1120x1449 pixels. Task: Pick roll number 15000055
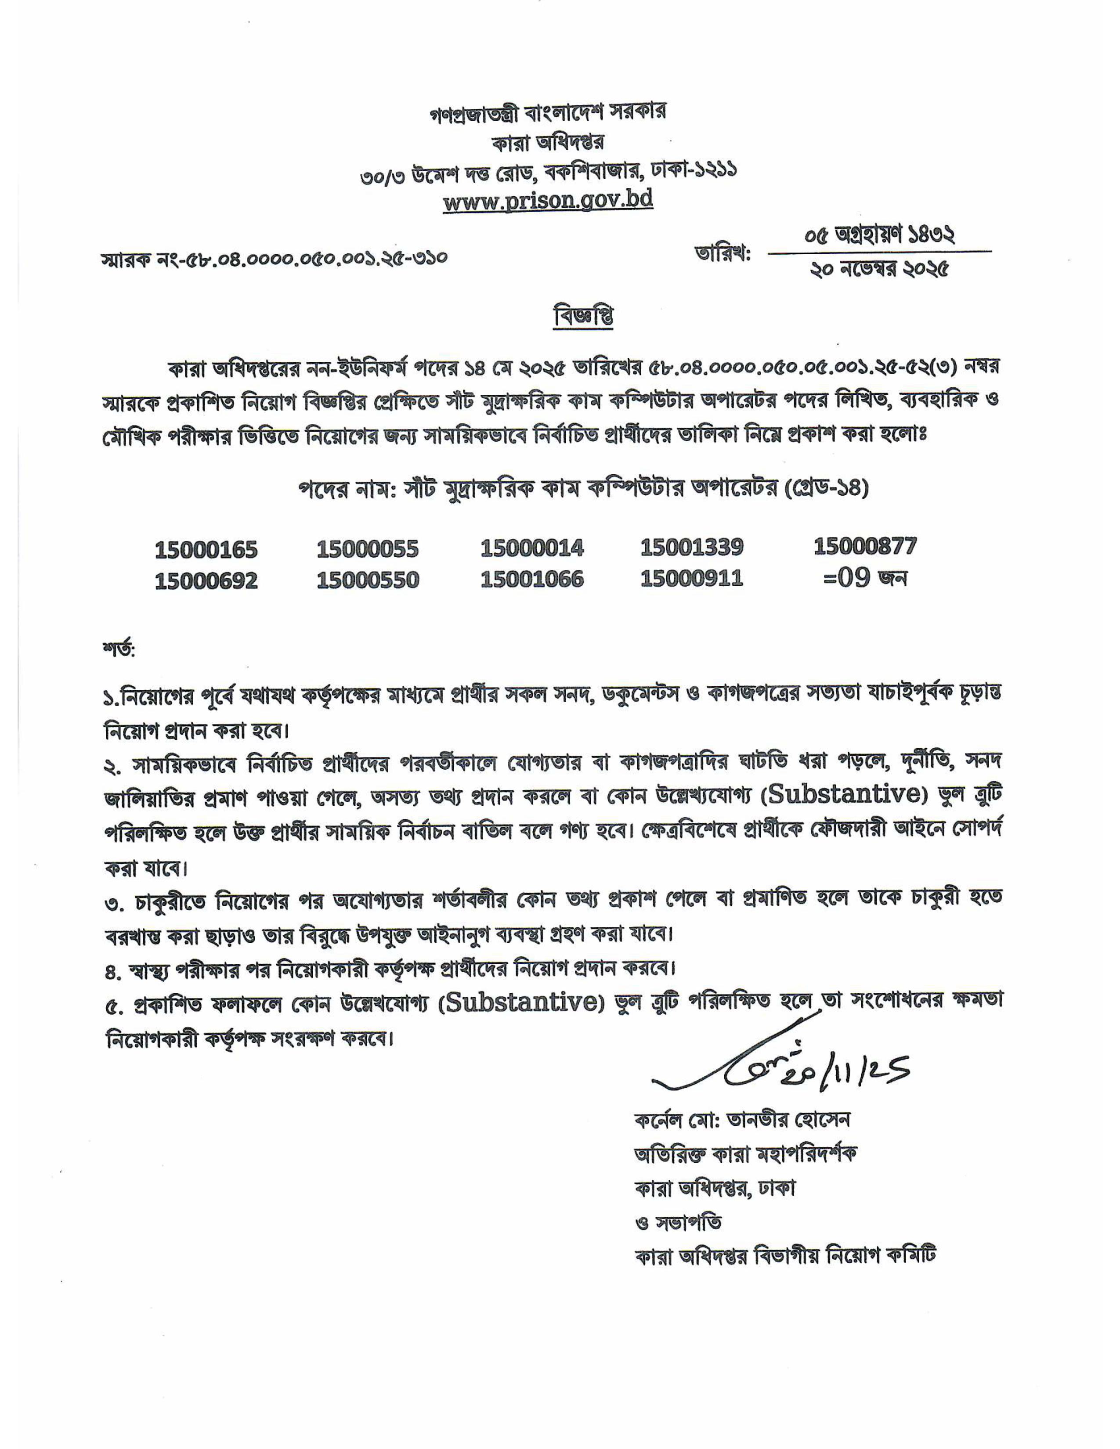click(368, 549)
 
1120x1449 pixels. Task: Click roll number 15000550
click(368, 580)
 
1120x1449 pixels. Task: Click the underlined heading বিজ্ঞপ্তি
click(583, 317)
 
